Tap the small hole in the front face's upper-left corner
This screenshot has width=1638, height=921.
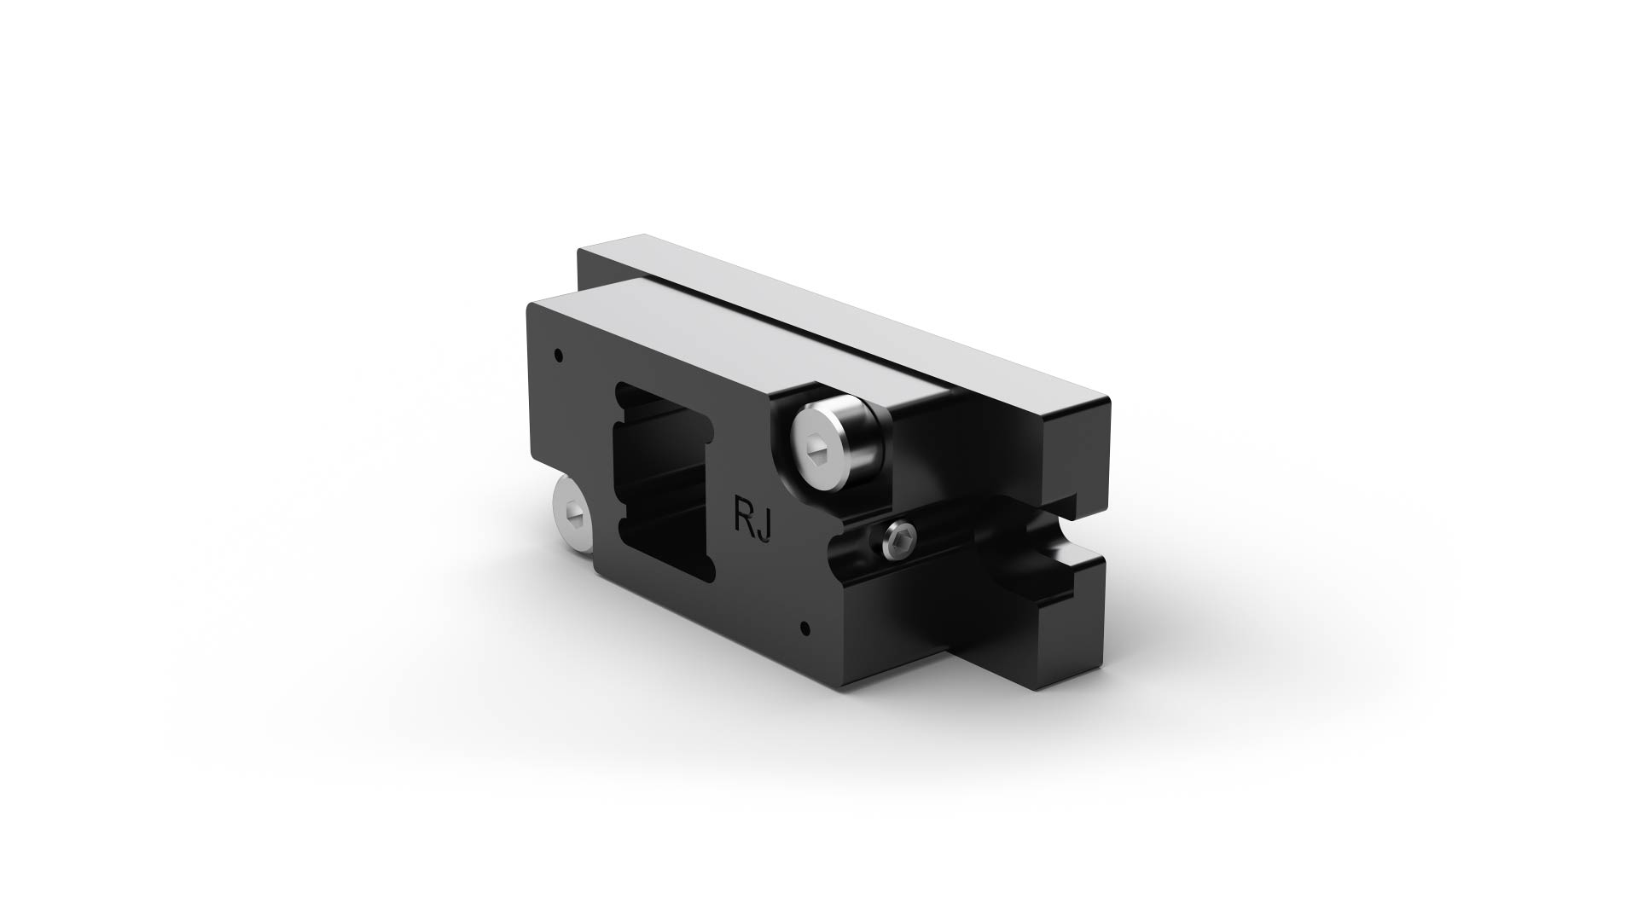tap(558, 353)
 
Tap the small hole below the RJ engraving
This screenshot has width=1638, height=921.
tap(804, 630)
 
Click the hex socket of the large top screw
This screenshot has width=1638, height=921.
tap(816, 446)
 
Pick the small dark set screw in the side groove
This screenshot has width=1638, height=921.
tap(902, 541)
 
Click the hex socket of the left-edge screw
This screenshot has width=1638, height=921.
tap(570, 513)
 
